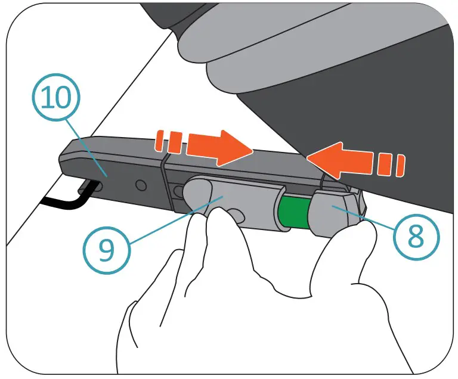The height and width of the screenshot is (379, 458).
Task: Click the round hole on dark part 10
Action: pos(140,185)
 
